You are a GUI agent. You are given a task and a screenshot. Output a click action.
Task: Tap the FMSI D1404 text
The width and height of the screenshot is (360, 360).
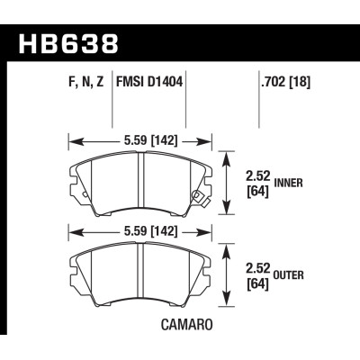(x=146, y=88)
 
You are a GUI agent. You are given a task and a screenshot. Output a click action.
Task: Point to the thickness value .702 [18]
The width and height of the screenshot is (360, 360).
(x=274, y=88)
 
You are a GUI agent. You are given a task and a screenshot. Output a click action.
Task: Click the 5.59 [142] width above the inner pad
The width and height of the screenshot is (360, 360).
(x=140, y=140)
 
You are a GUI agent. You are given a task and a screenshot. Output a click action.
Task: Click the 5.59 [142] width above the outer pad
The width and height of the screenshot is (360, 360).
(x=140, y=229)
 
